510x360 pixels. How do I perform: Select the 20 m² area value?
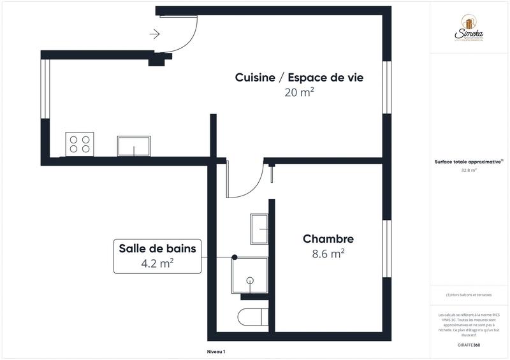300,93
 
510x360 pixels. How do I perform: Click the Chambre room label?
328,239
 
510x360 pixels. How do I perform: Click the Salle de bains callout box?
157,256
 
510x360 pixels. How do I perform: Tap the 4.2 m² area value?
157,263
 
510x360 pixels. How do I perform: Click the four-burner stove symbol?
80,143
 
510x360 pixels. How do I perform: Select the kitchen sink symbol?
134,145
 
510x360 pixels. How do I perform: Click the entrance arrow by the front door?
155,34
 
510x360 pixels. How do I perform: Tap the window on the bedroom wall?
386,248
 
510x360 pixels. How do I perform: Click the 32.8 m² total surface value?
469,170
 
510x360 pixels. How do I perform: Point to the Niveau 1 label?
216,352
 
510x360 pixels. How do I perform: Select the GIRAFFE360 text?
470,344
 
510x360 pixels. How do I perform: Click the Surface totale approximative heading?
469,162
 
